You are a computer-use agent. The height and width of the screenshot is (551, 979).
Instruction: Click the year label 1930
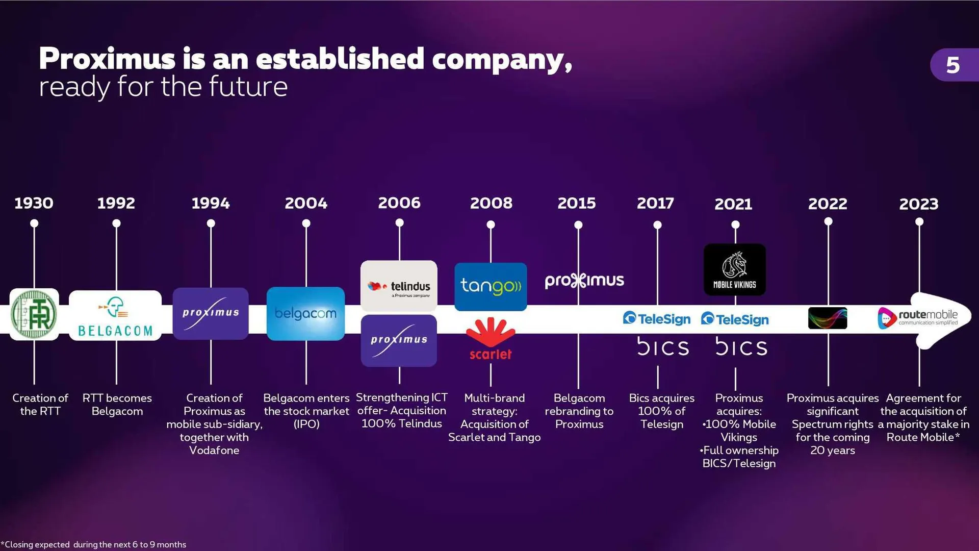tap(34, 203)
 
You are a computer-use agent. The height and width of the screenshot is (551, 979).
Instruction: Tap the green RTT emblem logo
tap(34, 314)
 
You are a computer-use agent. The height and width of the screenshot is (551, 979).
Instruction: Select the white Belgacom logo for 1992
tap(115, 315)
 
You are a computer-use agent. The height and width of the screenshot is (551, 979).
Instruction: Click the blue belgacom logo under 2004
tap(305, 314)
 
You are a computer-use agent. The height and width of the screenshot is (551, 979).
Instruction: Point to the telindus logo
tap(399, 286)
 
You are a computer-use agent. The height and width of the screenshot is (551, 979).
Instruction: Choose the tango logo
tap(491, 286)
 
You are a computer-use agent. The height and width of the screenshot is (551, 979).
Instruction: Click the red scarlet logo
tap(491, 339)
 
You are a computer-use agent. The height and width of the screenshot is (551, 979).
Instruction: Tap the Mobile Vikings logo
tap(735, 270)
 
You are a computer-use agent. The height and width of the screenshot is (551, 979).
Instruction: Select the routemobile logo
tap(918, 317)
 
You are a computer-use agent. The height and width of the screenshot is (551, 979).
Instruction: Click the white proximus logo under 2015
tap(584, 281)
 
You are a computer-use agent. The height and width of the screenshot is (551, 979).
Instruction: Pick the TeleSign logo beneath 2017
tap(657, 319)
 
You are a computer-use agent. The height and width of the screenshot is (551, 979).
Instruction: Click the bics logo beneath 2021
tap(741, 347)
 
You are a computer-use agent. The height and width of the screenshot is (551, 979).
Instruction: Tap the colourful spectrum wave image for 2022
tap(828, 318)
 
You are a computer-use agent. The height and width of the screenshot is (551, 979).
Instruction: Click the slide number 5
tap(952, 65)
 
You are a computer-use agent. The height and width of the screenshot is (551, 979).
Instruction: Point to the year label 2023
tap(919, 204)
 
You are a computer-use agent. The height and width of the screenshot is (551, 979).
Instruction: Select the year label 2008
tap(491, 203)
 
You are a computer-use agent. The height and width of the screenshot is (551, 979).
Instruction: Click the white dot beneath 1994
tap(211, 223)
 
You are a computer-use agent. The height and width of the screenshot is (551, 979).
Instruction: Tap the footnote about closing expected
tap(94, 544)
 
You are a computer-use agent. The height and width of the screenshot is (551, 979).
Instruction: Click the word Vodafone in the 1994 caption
tap(214, 450)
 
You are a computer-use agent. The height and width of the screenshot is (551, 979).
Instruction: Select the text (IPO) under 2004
tap(306, 424)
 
